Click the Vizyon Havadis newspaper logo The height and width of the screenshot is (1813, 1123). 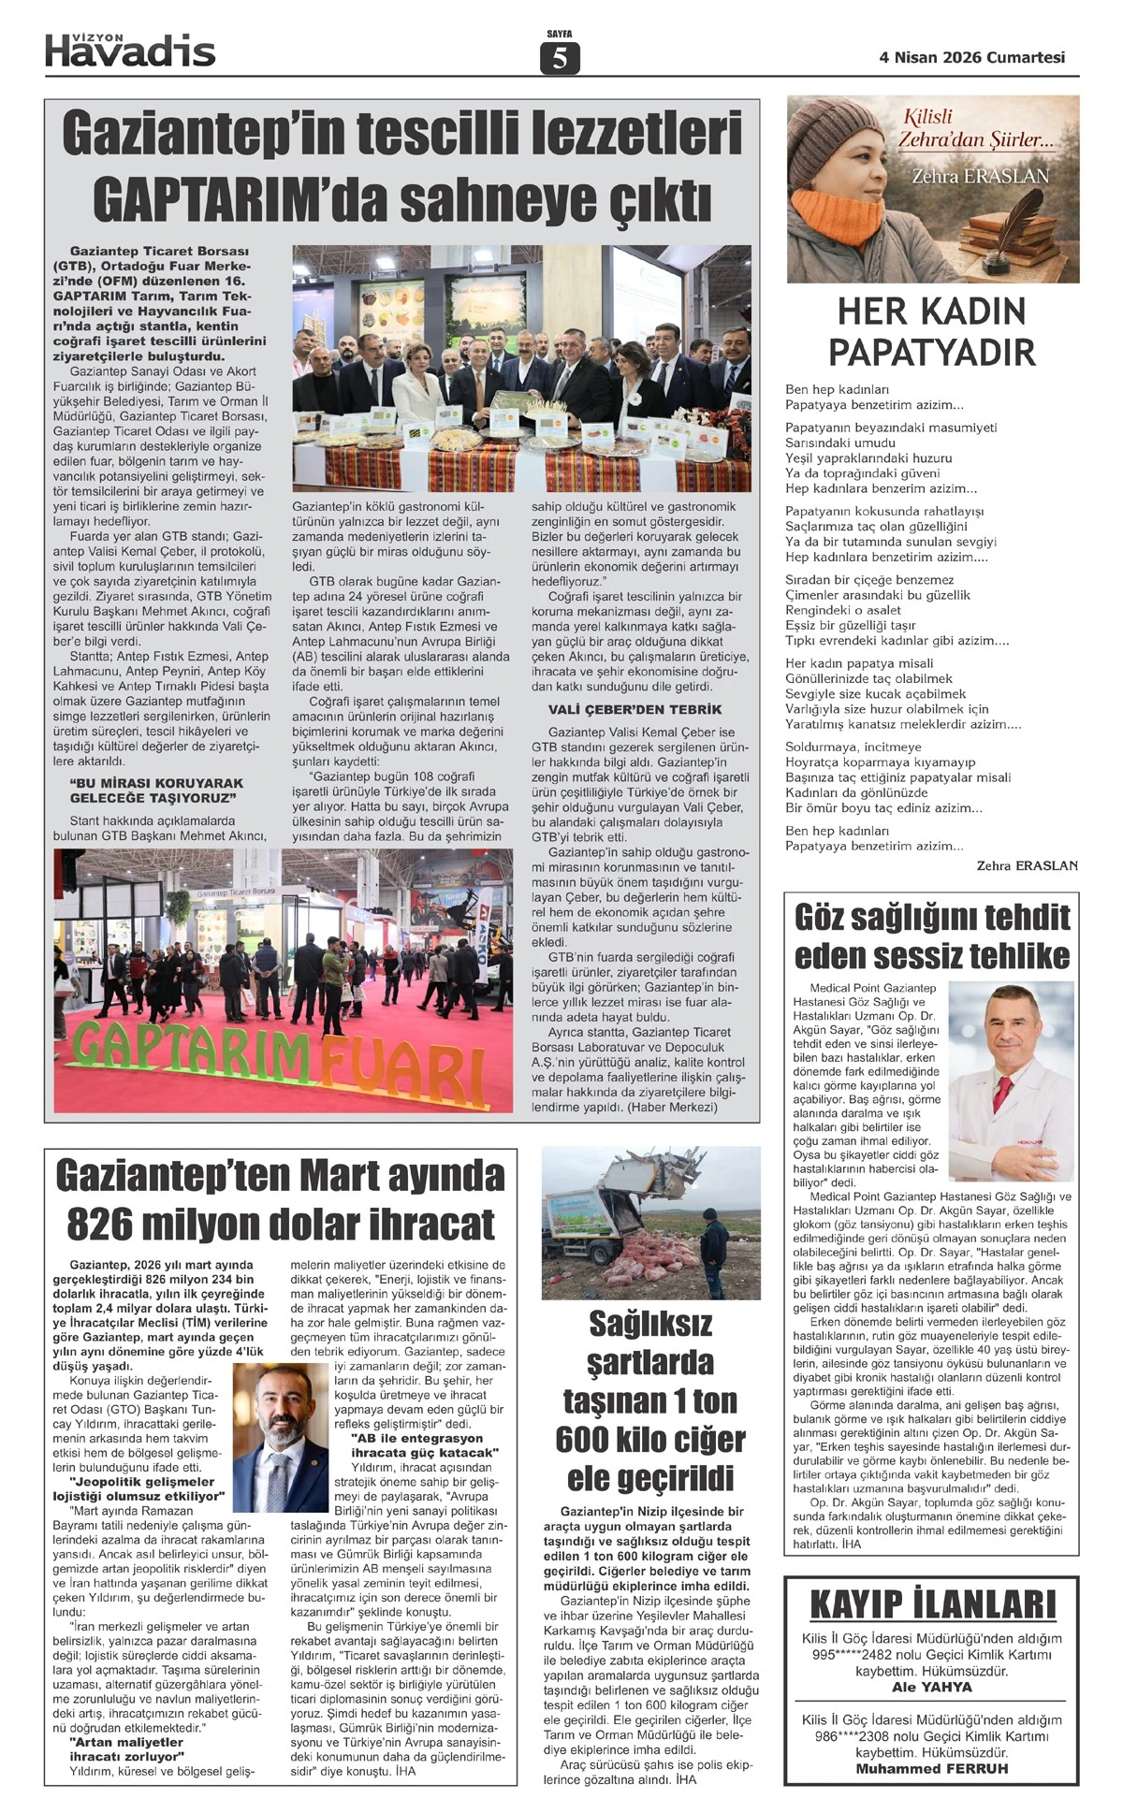click(x=130, y=51)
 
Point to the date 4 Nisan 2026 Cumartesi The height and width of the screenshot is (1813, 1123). click(x=971, y=57)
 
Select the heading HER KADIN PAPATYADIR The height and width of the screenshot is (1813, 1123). click(x=932, y=332)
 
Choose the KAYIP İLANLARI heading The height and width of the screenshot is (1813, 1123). click(x=933, y=1604)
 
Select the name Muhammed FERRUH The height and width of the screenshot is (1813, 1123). click(x=932, y=1768)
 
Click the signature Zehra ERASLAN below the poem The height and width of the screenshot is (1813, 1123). click(x=1027, y=865)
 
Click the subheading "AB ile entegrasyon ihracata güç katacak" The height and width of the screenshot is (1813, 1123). click(x=424, y=1445)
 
